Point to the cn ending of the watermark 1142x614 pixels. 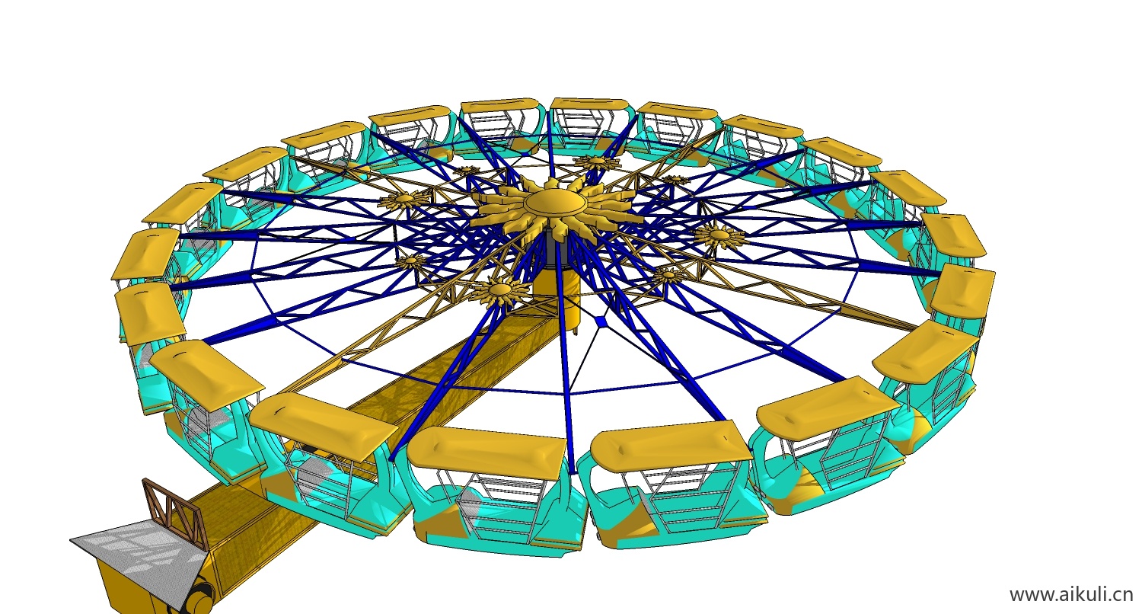pos(1124,595)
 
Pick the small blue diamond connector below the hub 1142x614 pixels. pos(601,321)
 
